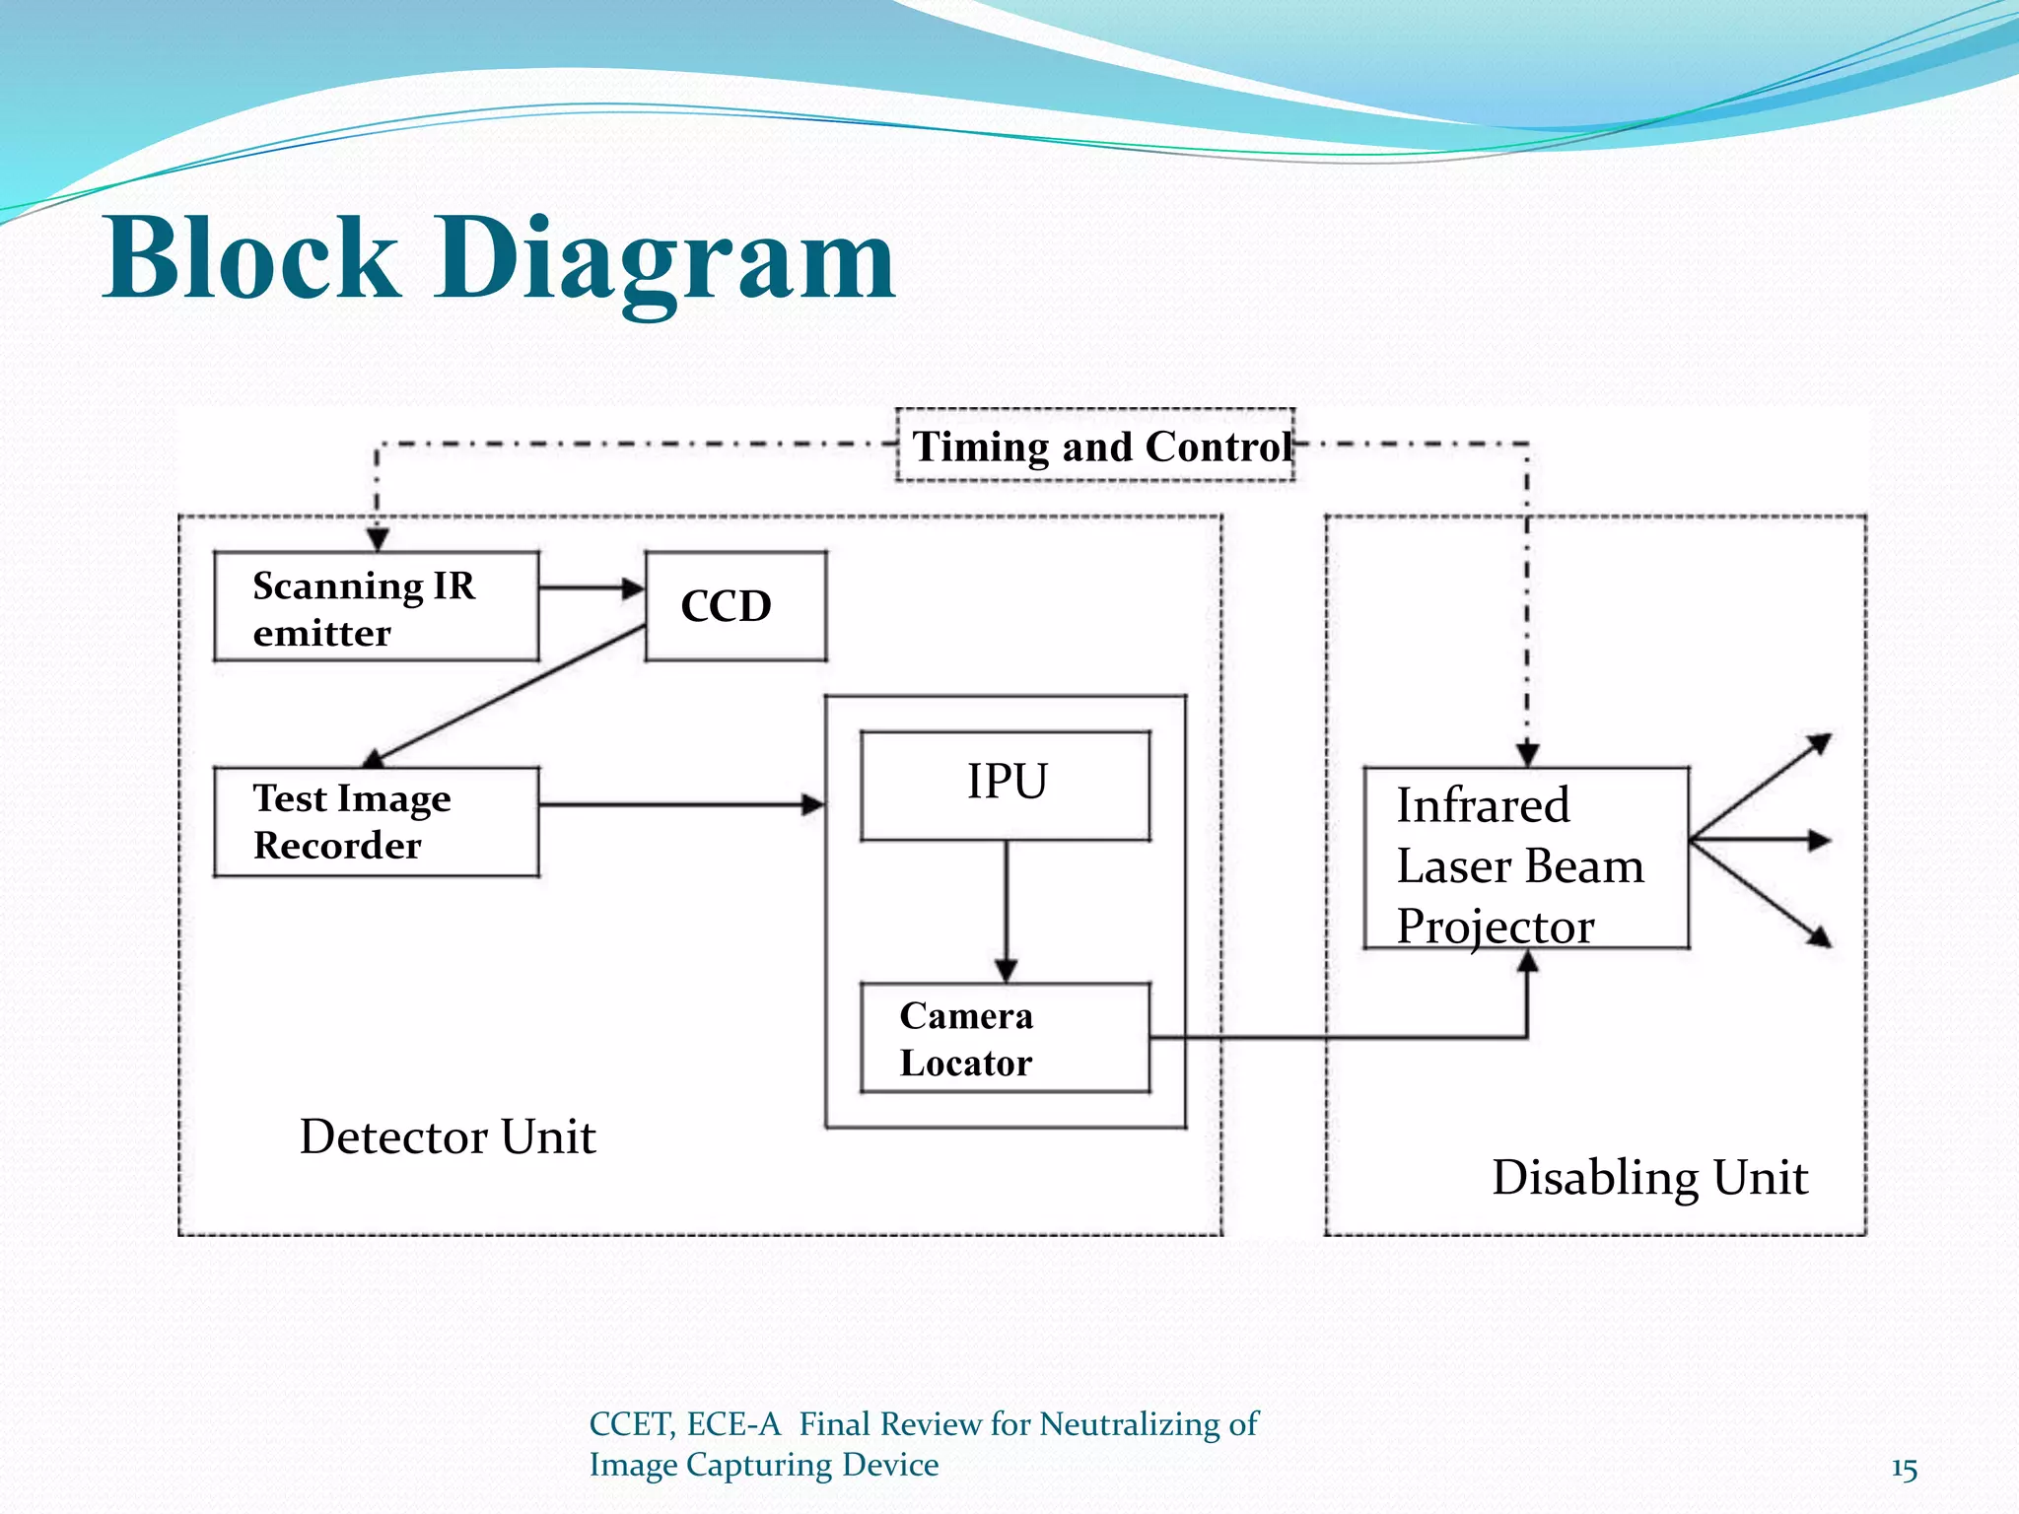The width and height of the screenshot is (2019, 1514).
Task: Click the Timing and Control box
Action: tap(1094, 447)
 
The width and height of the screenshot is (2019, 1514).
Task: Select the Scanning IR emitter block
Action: tap(376, 607)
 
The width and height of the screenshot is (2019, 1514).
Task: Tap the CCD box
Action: tap(735, 606)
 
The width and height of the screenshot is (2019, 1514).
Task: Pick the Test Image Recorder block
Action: tap(376, 822)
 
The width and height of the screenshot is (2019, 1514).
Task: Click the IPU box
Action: tap(1006, 785)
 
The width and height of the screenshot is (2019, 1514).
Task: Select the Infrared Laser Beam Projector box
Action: tap(1525, 859)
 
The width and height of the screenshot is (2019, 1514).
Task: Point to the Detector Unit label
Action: tap(448, 1136)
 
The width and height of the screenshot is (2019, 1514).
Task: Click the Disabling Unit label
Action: tap(1649, 1177)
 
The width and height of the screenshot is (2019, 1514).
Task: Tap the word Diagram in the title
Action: tap(665, 258)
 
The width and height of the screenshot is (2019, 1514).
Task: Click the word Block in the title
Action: tap(251, 258)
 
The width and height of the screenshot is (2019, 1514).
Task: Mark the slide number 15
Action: tap(1904, 1470)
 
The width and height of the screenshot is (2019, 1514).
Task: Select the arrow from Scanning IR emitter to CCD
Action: tap(591, 588)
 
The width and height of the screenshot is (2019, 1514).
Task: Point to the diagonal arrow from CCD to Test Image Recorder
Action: tap(508, 694)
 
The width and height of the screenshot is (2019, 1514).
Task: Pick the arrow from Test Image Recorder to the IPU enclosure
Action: tap(680, 805)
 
